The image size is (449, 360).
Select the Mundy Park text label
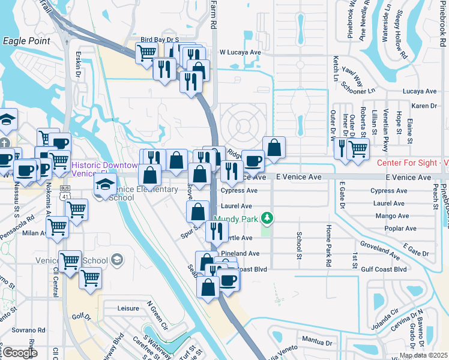click(236, 219)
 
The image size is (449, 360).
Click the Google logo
click(19, 353)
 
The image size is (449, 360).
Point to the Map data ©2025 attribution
click(423, 355)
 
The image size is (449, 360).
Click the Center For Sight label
click(412, 163)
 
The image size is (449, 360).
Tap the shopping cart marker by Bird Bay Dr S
click(146, 53)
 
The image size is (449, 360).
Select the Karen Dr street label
click(424, 106)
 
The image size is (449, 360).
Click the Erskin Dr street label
click(79, 67)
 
